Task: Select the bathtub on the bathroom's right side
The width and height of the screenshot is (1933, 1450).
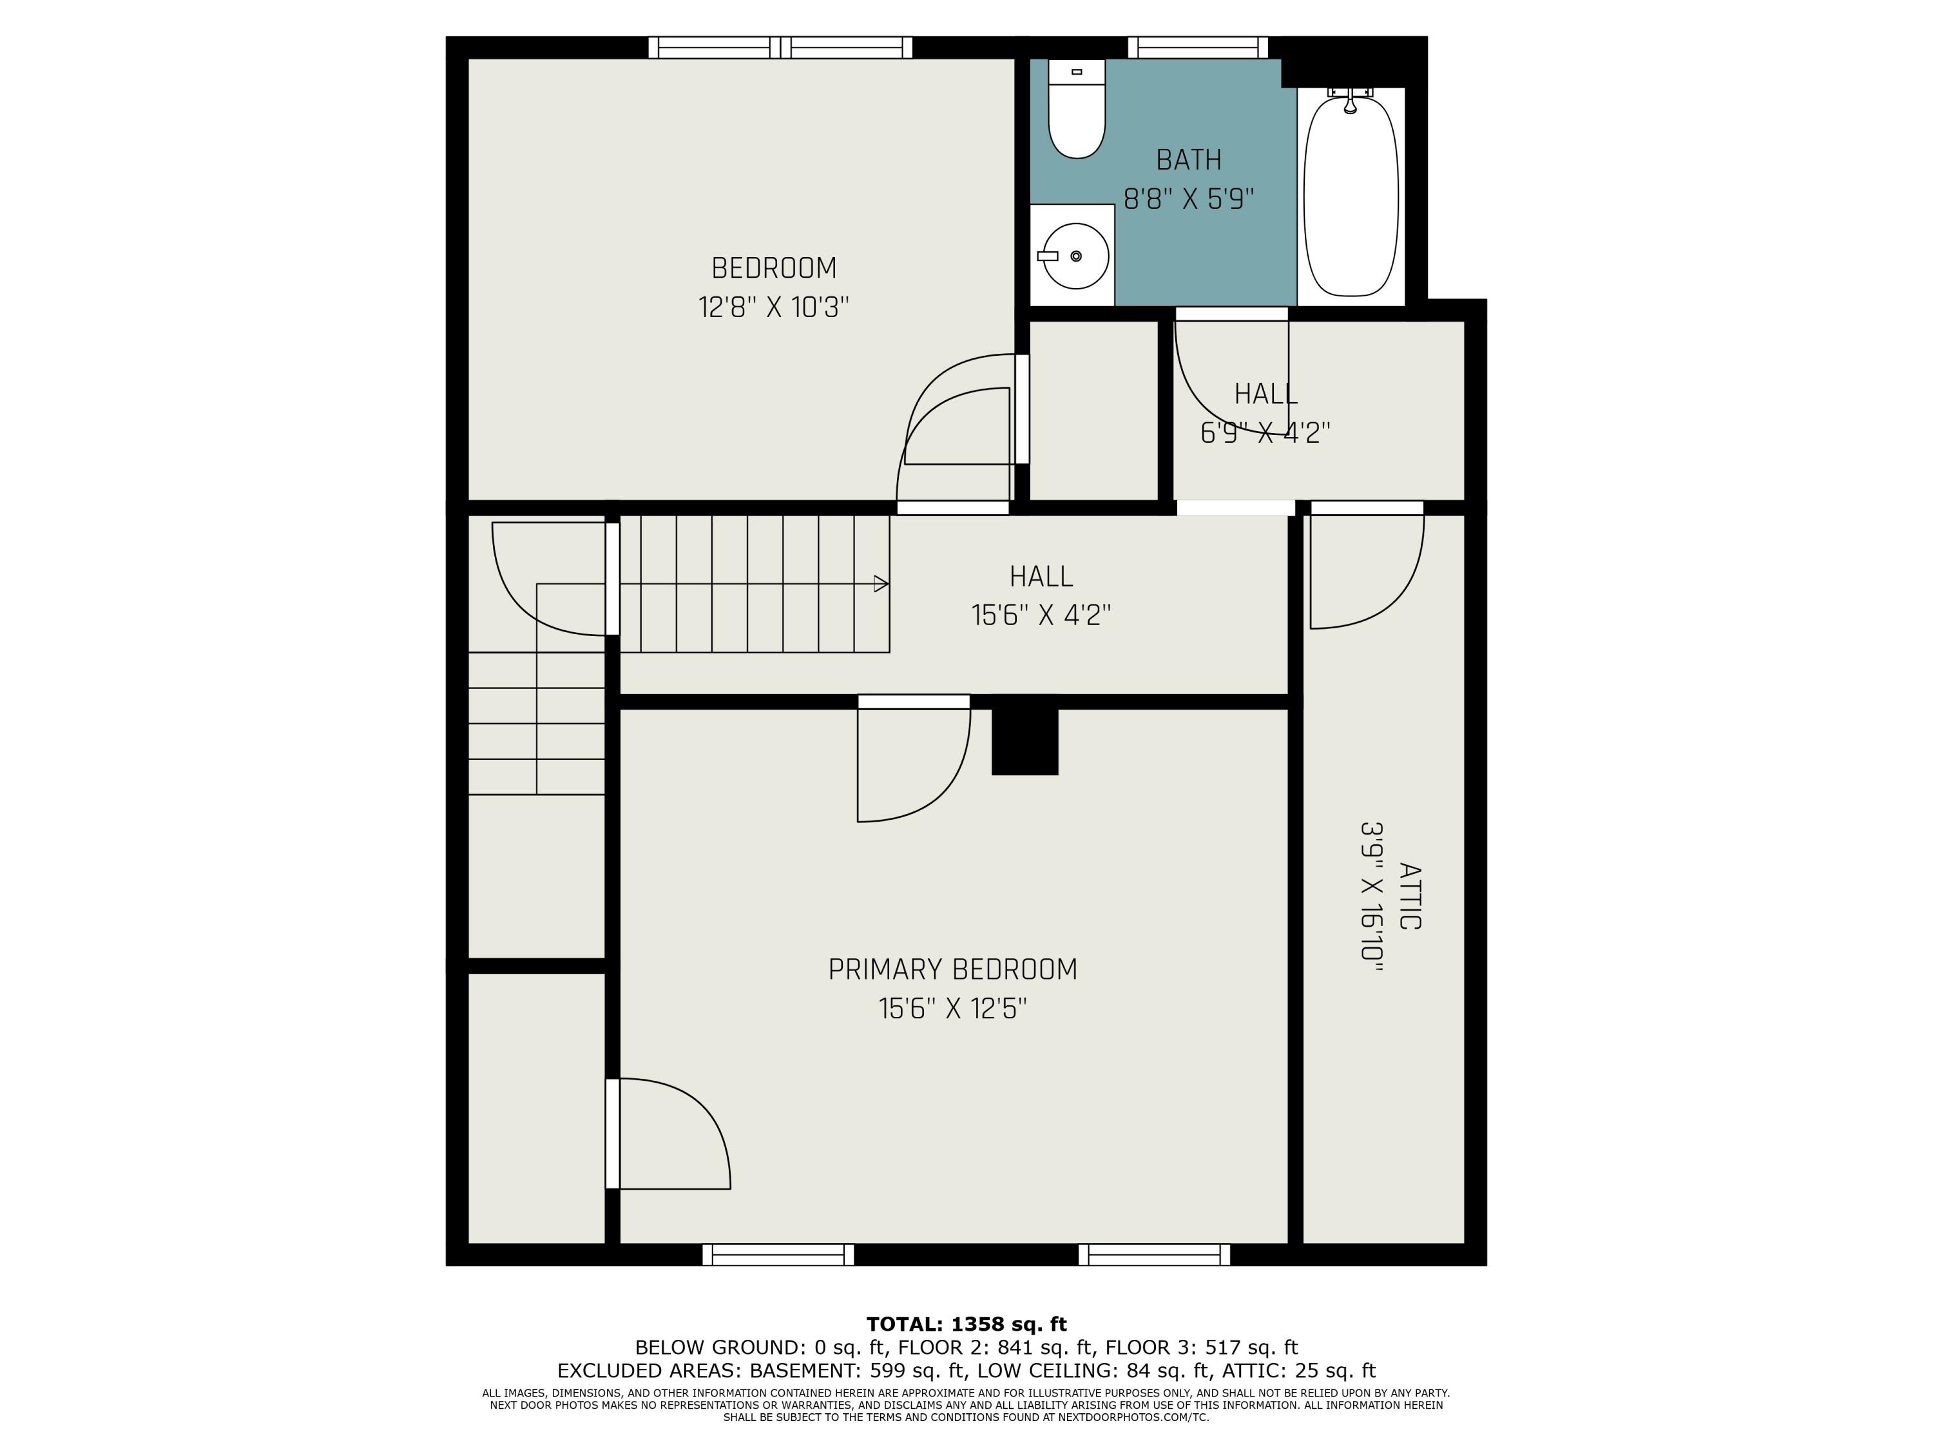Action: click(1351, 196)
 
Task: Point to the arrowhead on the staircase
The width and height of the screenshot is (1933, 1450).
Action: click(881, 584)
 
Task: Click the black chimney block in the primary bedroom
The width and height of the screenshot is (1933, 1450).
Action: click(1025, 741)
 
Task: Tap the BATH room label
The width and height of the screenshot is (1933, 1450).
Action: click(1188, 160)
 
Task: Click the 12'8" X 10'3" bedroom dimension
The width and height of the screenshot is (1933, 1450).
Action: click(773, 307)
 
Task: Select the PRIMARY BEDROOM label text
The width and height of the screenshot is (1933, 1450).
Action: click(952, 969)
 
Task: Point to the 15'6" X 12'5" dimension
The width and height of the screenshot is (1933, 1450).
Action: click(952, 1009)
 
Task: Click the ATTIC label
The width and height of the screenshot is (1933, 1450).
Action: click(1410, 896)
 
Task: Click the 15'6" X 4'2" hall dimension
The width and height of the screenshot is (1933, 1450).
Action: click(1041, 616)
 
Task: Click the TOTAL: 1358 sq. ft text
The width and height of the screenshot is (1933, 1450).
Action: click(966, 1324)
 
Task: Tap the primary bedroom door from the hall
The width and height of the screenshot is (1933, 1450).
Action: click(914, 758)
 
